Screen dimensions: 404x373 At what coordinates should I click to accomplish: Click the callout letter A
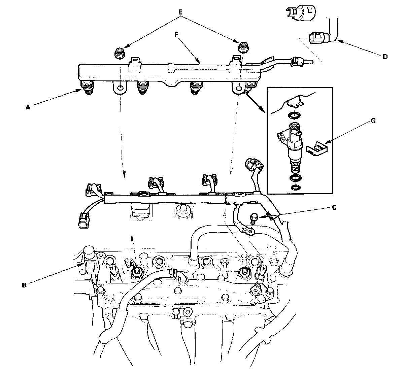point(28,107)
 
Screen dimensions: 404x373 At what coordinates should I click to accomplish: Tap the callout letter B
point(24,285)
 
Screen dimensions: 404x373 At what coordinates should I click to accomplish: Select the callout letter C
point(334,207)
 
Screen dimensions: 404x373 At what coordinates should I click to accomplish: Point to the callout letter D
point(385,57)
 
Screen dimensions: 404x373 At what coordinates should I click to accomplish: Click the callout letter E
point(180,12)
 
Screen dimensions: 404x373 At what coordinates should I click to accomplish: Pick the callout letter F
point(176,35)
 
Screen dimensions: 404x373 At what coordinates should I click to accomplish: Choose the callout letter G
point(373,121)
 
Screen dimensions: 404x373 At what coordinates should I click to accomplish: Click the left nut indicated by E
point(120,53)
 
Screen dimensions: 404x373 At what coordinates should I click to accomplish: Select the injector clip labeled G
point(317,149)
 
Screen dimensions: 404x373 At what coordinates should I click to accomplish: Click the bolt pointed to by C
point(253,218)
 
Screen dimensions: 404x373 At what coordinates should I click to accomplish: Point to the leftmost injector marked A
point(87,88)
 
